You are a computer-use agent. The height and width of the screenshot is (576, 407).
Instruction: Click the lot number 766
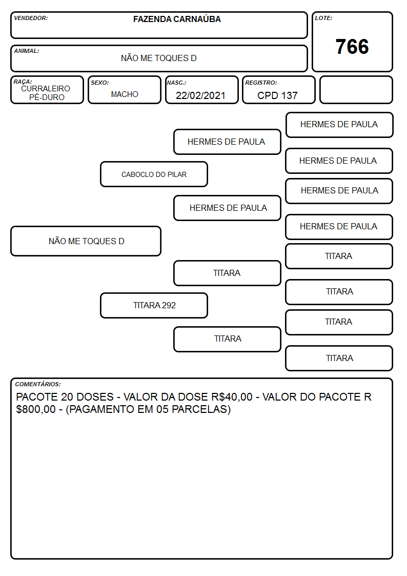[352, 47]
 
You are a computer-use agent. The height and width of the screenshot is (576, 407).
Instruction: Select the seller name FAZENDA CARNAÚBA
[177, 19]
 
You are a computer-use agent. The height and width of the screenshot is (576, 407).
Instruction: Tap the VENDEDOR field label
[31, 18]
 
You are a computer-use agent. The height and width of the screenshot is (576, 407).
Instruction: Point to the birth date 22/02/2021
[200, 95]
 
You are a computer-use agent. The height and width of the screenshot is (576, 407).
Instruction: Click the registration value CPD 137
[277, 95]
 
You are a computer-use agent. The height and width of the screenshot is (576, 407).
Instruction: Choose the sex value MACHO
[125, 94]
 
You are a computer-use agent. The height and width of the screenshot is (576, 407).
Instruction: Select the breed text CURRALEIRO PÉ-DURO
[46, 93]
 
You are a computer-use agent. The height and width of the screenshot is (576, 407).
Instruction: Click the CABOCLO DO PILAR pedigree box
[154, 174]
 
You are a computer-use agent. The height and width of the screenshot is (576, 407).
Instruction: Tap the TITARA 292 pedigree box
[154, 305]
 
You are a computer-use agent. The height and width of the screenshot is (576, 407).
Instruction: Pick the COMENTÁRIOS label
[38, 384]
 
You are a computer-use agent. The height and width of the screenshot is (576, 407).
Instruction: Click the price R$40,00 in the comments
[232, 397]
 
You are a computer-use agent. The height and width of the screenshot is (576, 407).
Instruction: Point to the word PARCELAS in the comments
[199, 409]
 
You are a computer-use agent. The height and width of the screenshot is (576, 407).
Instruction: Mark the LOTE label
[323, 18]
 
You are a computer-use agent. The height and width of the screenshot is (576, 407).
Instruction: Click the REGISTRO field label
[261, 83]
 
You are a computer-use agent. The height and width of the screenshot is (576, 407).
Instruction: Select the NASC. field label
[176, 83]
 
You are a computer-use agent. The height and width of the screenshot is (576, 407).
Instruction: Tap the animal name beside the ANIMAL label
[159, 58]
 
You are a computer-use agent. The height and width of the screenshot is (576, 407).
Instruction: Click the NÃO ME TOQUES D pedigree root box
[86, 241]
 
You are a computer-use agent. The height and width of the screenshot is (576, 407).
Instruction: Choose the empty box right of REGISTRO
[356, 90]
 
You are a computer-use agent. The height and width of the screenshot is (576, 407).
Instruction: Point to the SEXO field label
[100, 83]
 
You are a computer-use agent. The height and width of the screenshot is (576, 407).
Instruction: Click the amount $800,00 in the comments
[36, 409]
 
